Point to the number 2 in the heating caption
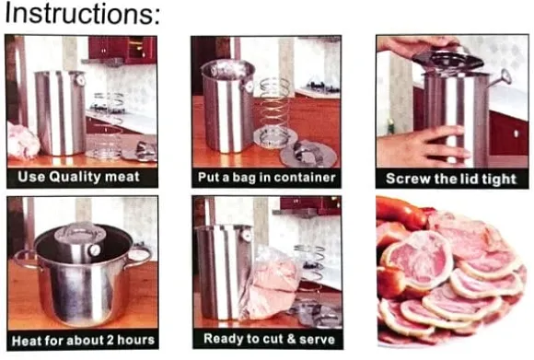coord(110,340)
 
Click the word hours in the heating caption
coord(135,340)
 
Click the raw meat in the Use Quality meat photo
coord(22,141)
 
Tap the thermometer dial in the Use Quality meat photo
coord(80,81)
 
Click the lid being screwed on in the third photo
coord(447,60)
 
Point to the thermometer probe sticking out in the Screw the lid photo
coord(500,78)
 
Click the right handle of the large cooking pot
coord(140,257)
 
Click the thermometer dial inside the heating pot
coord(94,250)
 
